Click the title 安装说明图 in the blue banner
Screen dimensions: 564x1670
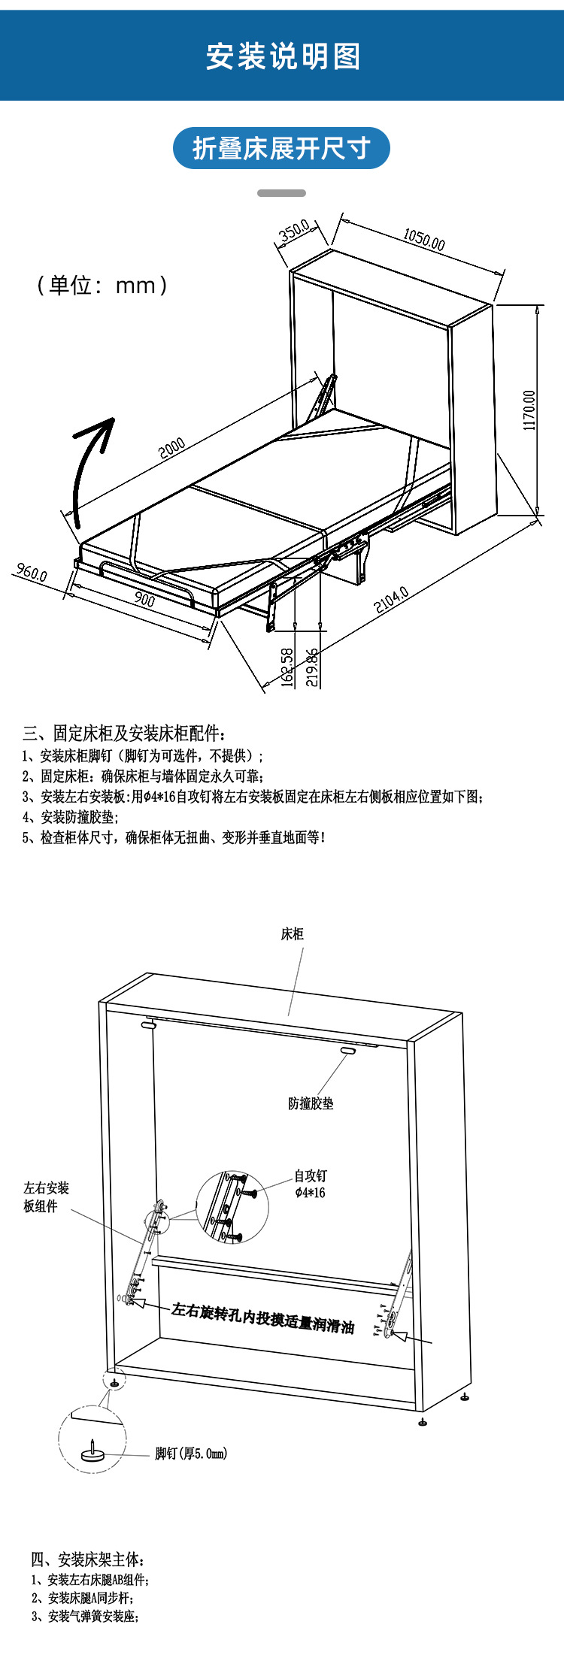282,57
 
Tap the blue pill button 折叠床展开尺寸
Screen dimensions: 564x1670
281,148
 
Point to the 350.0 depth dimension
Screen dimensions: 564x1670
294,231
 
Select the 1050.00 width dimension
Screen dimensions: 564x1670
423,239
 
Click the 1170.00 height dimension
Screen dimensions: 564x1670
529,410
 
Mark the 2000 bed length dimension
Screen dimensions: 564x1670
172,449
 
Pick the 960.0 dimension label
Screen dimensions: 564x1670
32,573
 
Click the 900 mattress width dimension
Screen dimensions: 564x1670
144,599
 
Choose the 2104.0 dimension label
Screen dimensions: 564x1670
391,599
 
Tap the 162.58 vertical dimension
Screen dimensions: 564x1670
287,667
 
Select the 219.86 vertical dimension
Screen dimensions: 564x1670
312,667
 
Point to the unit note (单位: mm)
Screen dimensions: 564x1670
102,285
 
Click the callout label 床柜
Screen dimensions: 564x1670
292,933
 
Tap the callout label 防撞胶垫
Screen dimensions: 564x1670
311,1103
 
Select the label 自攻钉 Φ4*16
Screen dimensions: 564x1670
310,1184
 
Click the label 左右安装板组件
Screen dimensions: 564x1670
46,1197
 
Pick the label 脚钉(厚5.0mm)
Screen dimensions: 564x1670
191,1454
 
